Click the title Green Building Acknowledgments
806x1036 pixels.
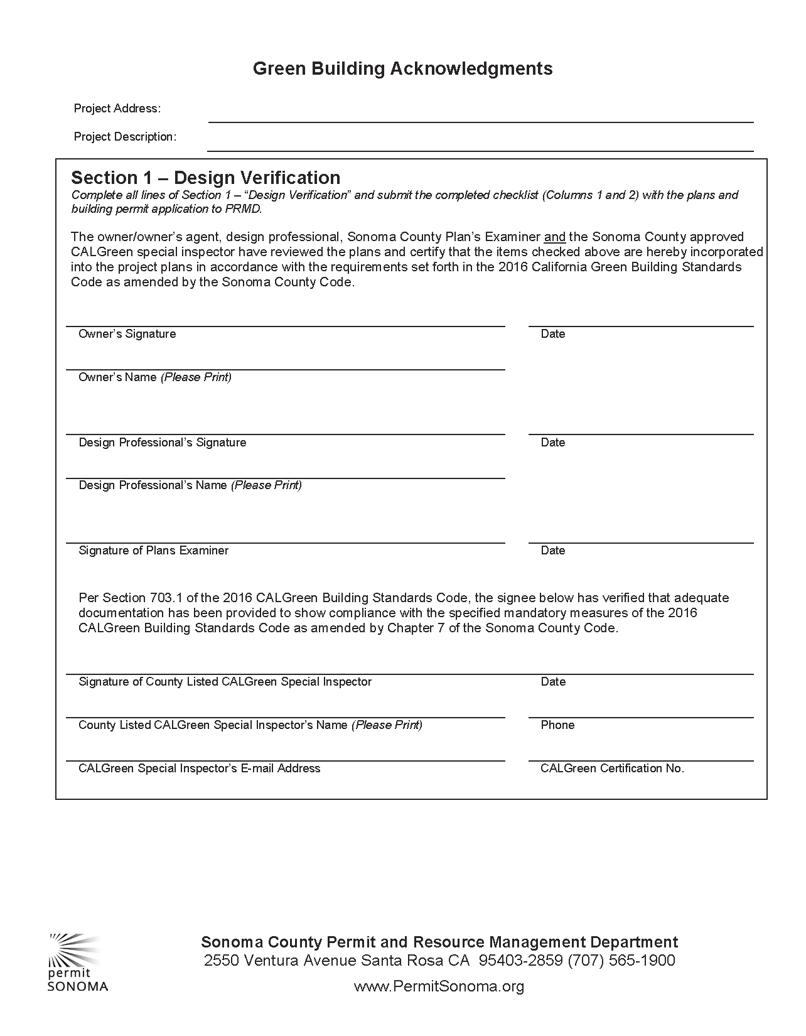pos(402,68)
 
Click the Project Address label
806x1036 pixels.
pos(117,109)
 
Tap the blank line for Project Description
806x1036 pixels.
pos(480,145)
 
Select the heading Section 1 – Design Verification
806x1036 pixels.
pos(206,178)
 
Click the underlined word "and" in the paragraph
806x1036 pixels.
pos(554,237)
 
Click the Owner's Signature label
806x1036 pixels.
pos(127,334)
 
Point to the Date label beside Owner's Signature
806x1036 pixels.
pos(553,334)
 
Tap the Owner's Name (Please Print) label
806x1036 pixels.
pos(154,377)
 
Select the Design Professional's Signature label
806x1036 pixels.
pos(162,443)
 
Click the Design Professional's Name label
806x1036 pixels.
pos(190,485)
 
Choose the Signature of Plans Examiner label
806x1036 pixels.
pos(153,551)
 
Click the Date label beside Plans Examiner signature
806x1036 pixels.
pos(553,551)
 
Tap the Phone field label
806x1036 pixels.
pos(557,725)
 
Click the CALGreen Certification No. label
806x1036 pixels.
pos(612,769)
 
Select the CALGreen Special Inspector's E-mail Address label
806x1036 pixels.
pos(199,769)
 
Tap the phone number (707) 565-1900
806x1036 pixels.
pos(621,961)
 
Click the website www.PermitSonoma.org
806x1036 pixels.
pos(439,986)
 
